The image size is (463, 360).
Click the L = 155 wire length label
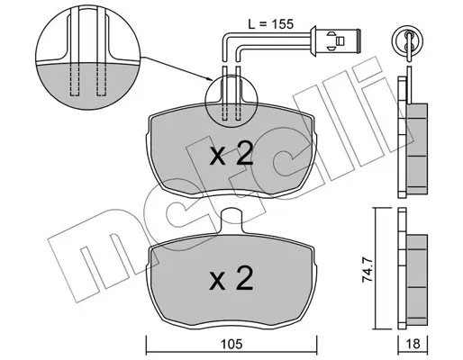point(270,24)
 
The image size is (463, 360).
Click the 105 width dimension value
point(231,344)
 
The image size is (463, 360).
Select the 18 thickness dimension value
point(413,344)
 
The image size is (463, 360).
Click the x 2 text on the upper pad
point(231,155)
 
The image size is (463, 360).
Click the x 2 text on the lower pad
point(231,278)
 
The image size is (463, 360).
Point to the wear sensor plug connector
point(335,40)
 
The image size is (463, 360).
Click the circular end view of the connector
point(408,40)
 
